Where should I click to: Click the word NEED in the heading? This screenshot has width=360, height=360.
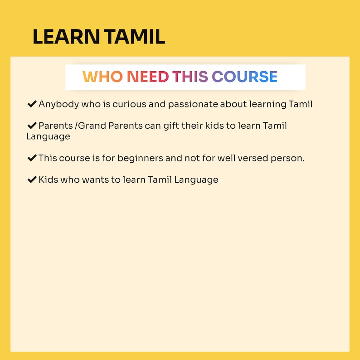[148, 77]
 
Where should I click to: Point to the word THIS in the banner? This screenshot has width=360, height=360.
[190, 77]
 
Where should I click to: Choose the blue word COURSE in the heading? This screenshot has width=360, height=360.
[245, 77]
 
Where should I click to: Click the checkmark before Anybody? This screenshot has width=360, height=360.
[32, 104]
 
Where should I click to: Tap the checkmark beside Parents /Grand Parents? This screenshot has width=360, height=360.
[32, 126]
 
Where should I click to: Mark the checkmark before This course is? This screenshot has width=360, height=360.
[32, 158]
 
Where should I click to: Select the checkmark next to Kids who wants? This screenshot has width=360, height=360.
[32, 180]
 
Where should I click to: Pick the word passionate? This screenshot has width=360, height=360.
[193, 104]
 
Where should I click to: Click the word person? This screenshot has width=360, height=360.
[289, 158]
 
